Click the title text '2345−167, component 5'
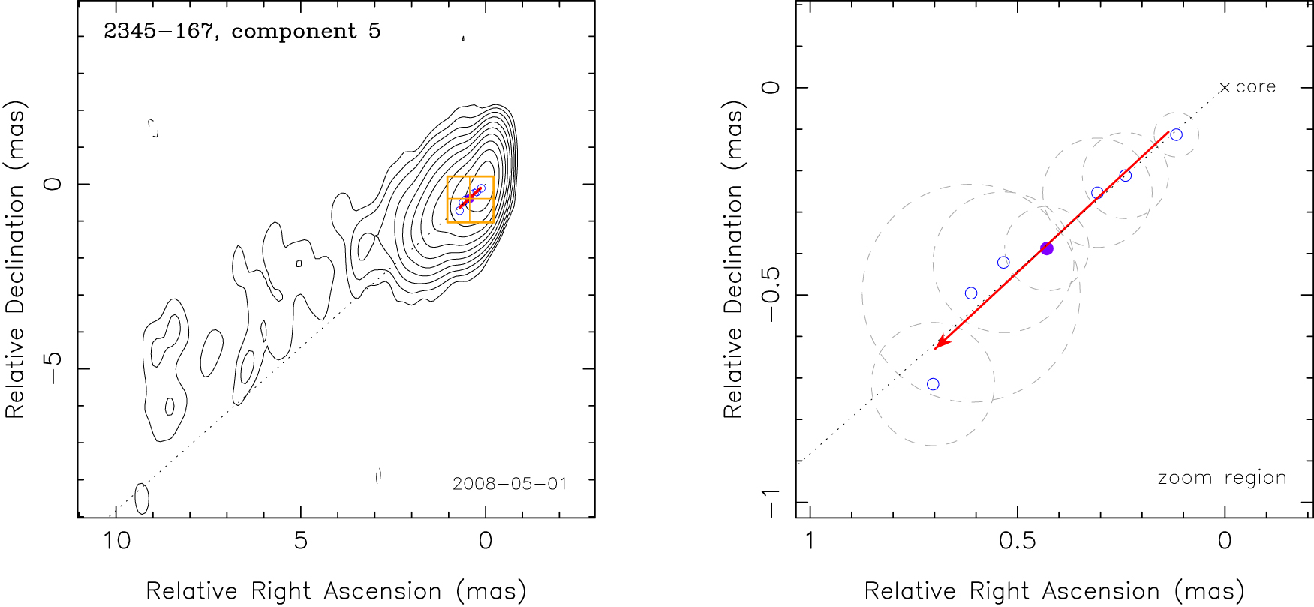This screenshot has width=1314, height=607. click(242, 32)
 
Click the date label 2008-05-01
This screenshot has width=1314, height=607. click(510, 484)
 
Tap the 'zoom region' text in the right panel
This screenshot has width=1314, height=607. click(1222, 478)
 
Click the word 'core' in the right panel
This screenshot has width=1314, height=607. click(1255, 87)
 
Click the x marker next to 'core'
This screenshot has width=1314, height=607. click(1225, 88)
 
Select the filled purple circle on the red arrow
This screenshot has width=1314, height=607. click(1047, 248)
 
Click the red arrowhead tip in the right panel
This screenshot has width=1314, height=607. click(935, 348)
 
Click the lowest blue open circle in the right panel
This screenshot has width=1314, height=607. click(933, 384)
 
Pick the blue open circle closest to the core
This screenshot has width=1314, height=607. click(1176, 135)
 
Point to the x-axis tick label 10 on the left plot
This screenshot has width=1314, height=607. click(116, 540)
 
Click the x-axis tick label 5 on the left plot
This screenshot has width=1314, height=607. click(300, 540)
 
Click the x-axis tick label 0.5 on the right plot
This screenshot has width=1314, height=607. click(1017, 540)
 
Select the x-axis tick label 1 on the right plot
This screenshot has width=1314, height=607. click(809, 540)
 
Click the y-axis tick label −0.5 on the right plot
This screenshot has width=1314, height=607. click(771, 296)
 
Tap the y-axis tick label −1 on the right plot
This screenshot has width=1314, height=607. click(771, 502)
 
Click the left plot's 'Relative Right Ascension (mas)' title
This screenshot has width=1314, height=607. click(335, 591)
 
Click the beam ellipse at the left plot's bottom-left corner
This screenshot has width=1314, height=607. click(141, 498)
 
